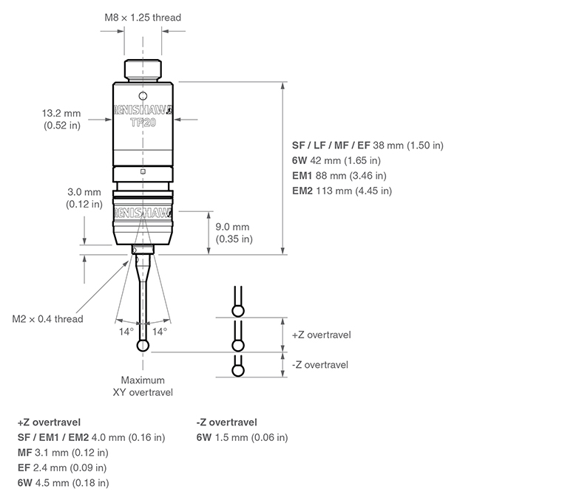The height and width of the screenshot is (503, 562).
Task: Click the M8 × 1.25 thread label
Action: tap(142, 17)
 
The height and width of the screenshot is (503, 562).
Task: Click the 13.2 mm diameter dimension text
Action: tap(61, 120)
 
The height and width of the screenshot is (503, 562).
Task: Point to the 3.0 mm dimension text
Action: tap(85, 198)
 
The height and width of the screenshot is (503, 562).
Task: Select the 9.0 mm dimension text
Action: tap(234, 233)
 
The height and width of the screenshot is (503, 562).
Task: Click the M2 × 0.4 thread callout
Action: tap(48, 319)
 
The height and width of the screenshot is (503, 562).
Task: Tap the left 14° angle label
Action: tap(126, 332)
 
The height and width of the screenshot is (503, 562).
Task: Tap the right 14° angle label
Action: tap(159, 332)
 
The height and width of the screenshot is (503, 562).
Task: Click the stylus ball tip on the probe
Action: tap(143, 346)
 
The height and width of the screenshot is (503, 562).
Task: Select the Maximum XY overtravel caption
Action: tap(143, 386)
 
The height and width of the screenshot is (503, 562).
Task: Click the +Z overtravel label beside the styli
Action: tap(321, 335)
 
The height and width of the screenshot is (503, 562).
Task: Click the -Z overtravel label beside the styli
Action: tap(319, 365)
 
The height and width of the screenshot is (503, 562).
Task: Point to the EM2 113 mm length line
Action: tap(342, 191)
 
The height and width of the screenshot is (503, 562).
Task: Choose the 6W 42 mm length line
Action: tap(336, 160)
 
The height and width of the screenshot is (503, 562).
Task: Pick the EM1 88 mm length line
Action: tap(339, 176)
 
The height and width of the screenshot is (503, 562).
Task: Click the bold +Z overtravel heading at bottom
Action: tap(48, 422)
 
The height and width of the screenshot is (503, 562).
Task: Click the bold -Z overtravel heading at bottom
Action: tap(227, 422)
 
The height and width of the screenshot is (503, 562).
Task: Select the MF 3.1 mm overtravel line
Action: tap(63, 453)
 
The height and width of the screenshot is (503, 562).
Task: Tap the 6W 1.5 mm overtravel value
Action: tap(243, 438)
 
